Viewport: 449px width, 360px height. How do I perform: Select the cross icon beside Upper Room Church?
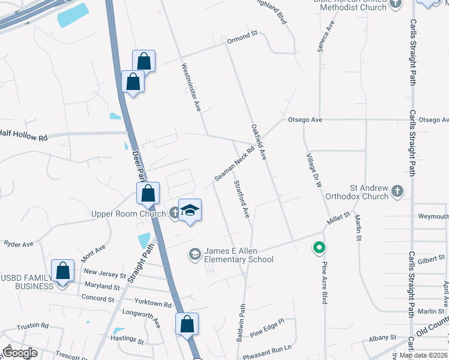coord(174,212)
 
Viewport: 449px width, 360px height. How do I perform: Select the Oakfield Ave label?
coord(259,142)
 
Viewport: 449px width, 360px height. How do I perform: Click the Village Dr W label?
coord(311,170)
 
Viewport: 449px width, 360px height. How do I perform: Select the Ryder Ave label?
coord(19,244)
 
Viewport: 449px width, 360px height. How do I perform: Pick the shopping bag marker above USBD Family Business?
coord(63,271)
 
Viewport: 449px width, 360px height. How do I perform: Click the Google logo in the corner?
coord(19,352)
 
